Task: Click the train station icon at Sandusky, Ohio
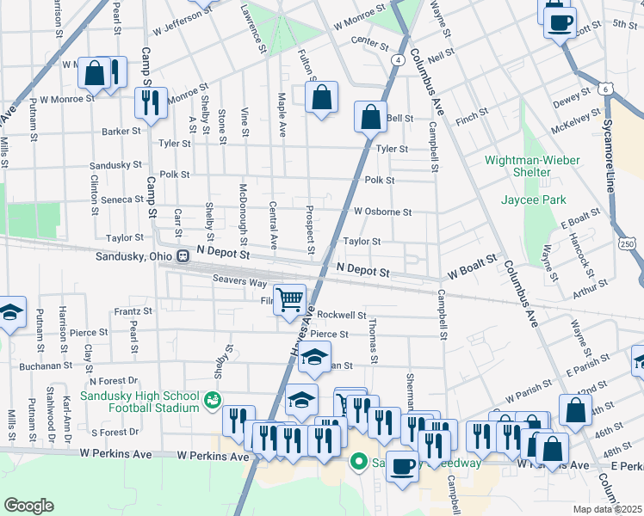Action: [x=183, y=255]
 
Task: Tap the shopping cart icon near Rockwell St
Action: [x=291, y=299]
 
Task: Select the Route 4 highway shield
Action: [x=398, y=59]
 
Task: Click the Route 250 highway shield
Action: [x=635, y=245]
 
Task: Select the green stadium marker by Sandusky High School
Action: [x=211, y=400]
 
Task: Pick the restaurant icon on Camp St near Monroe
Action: [x=151, y=102]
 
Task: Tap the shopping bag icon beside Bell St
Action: [x=369, y=117]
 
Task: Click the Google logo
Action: [x=28, y=506]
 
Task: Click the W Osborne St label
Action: [x=382, y=212]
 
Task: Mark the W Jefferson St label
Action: [x=182, y=29]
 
